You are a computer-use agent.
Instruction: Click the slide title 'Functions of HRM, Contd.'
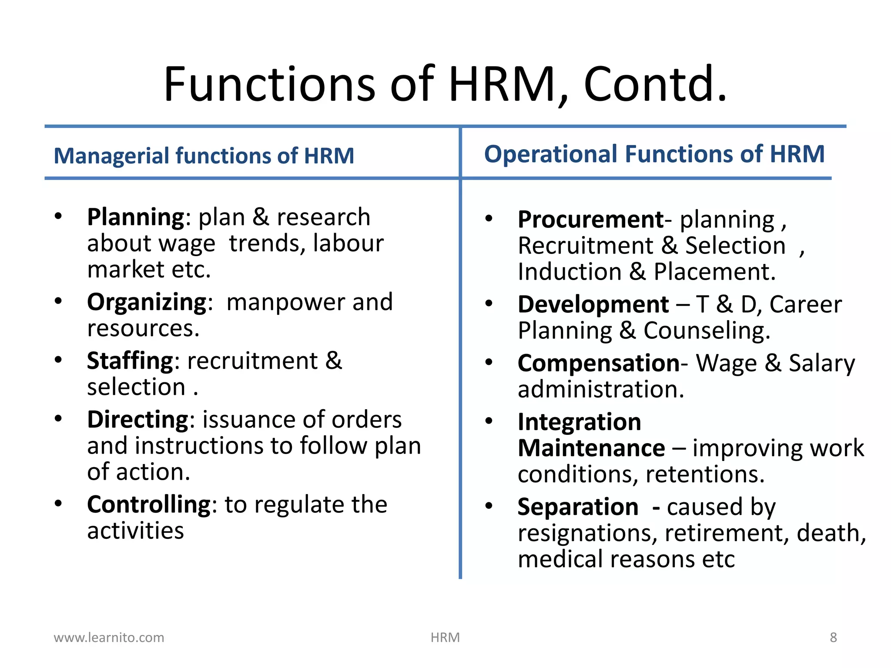pyautogui.click(x=445, y=83)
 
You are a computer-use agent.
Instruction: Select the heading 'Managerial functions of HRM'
pyautogui.click(x=204, y=156)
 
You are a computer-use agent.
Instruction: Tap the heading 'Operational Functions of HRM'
pyautogui.click(x=654, y=154)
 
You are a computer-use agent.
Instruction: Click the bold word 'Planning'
pyautogui.click(x=136, y=217)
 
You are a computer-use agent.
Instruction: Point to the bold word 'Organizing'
pyautogui.click(x=147, y=302)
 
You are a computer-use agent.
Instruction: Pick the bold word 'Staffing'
pyautogui.click(x=130, y=361)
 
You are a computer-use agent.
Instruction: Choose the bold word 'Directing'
pyautogui.click(x=137, y=419)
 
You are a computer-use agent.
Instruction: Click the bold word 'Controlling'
pyautogui.click(x=149, y=504)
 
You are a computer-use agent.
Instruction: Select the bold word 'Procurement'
pyautogui.click(x=590, y=219)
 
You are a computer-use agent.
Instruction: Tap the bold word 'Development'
pyautogui.click(x=593, y=304)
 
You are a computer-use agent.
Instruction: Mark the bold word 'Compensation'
pyautogui.click(x=598, y=363)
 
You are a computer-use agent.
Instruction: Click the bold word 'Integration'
pyautogui.click(x=579, y=421)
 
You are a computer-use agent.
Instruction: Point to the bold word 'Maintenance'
pyautogui.click(x=591, y=448)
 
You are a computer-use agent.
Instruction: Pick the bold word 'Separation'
pyautogui.click(x=578, y=507)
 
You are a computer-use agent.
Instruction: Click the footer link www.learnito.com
pyautogui.click(x=109, y=638)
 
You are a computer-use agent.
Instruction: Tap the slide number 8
pyautogui.click(x=833, y=638)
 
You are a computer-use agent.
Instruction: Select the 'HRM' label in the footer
pyautogui.click(x=445, y=638)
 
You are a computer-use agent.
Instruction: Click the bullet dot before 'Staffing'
pyautogui.click(x=58, y=360)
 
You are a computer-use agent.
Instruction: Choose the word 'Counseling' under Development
pyautogui.click(x=707, y=331)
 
